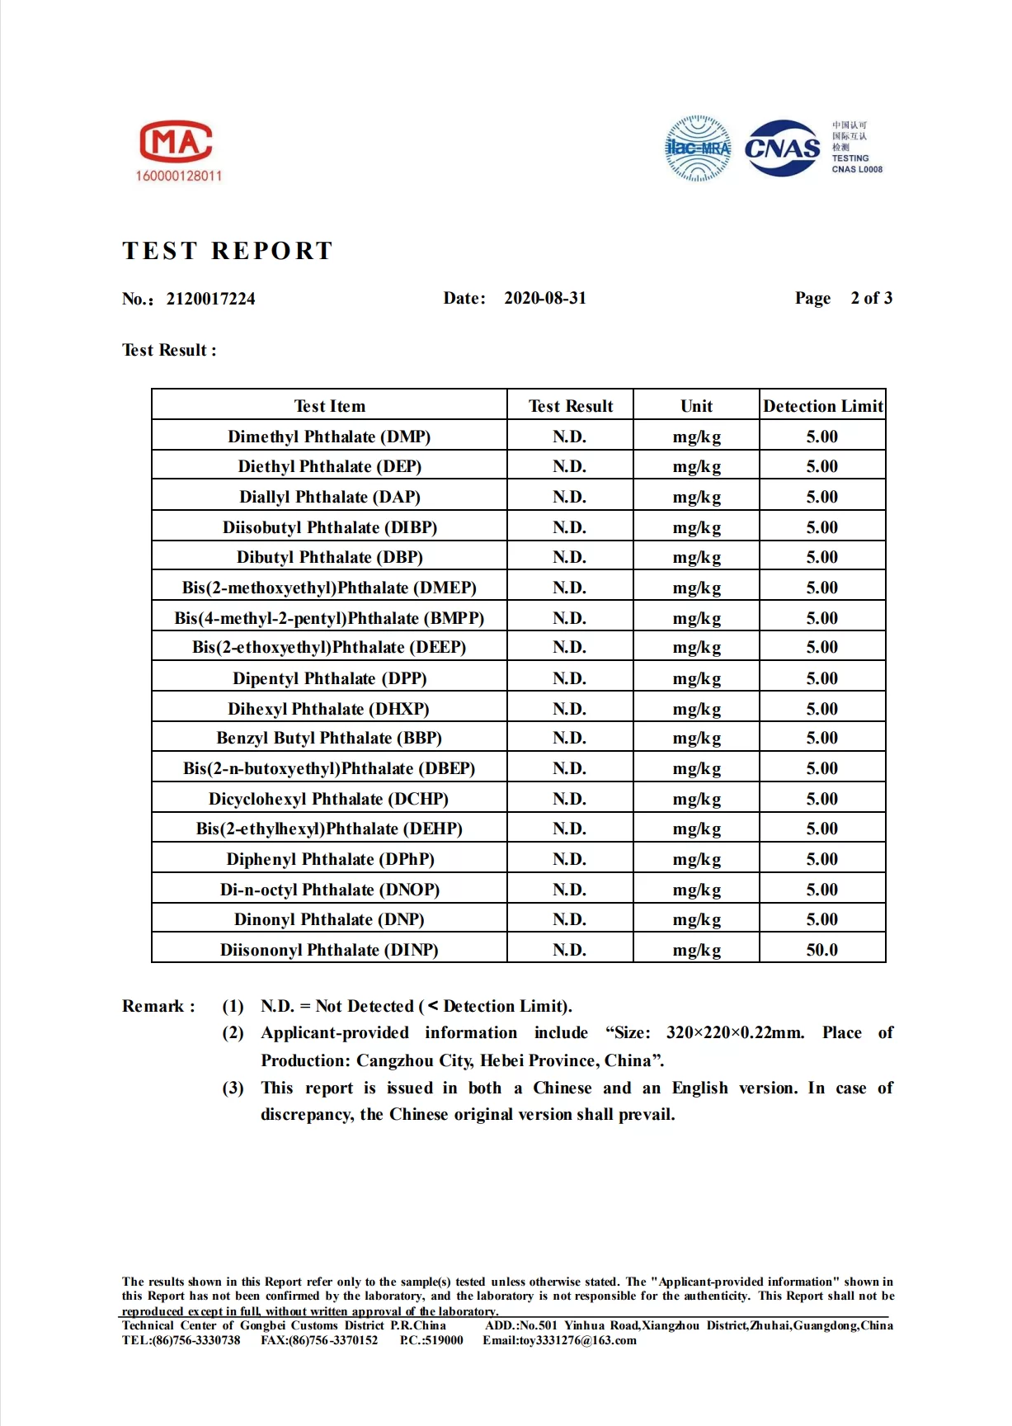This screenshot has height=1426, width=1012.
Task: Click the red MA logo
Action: [x=177, y=141]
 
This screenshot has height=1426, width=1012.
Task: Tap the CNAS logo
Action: [x=782, y=149]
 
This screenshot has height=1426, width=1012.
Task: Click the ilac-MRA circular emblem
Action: [x=698, y=149]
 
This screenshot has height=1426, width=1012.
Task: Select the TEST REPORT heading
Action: [x=228, y=251]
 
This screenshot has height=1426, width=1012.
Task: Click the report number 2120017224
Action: [x=210, y=299]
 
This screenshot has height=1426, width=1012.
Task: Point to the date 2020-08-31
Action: [x=545, y=298]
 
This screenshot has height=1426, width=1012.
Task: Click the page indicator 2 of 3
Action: [x=871, y=298]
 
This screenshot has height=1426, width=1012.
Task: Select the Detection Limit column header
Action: [x=822, y=406]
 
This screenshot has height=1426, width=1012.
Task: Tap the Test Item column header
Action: [x=329, y=406]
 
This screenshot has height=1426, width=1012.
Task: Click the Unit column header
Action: [x=696, y=406]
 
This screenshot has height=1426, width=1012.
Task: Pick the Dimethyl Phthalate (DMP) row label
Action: [x=329, y=437]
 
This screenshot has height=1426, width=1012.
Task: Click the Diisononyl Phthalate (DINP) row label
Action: [x=329, y=950]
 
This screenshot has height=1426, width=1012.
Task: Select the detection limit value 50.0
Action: [x=821, y=950]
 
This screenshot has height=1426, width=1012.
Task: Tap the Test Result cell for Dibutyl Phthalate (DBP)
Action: [x=569, y=557]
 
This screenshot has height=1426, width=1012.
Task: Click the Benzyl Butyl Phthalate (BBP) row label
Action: [x=329, y=738]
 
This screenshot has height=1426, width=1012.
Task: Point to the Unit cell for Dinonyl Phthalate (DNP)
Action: [x=696, y=920]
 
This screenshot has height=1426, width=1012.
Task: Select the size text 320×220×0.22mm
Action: [x=735, y=1033]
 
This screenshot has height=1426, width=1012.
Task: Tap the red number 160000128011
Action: [x=179, y=176]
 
